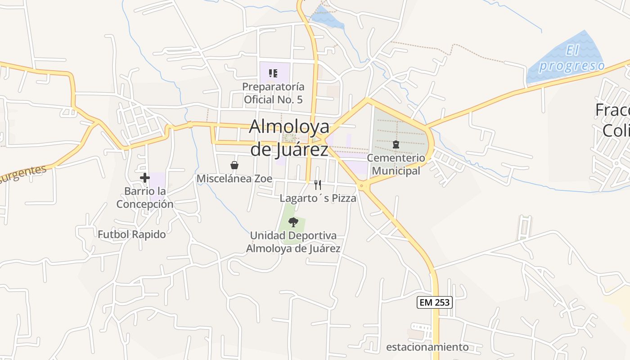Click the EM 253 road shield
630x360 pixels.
click(434, 302)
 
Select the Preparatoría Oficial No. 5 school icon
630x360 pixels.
click(273, 73)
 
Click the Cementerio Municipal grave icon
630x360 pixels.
click(396, 144)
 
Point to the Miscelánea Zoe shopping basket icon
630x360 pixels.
click(234, 165)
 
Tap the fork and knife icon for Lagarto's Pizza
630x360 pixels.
click(318, 184)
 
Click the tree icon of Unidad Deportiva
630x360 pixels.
click(293, 222)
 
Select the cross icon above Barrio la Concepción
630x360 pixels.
click(144, 178)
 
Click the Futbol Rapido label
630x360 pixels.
click(132, 234)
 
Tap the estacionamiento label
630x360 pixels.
click(427, 347)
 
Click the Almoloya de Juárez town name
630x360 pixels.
click(289, 138)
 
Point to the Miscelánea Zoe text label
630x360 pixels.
click(234, 179)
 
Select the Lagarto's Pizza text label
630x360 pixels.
click(318, 198)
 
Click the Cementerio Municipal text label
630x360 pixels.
click(396, 164)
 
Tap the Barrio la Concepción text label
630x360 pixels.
click(145, 198)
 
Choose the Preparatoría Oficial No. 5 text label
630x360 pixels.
click(273, 93)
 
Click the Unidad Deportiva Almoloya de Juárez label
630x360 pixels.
click(293, 242)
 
